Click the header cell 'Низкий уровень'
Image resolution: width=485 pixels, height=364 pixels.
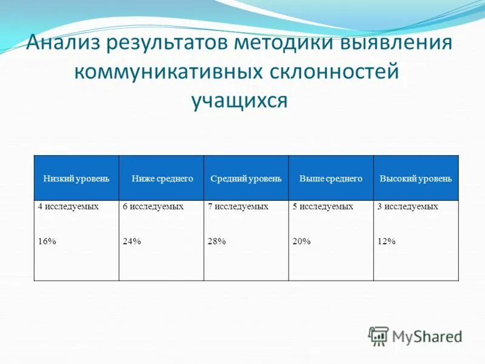click(76, 178)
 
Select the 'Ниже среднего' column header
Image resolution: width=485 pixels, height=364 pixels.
click(162, 178)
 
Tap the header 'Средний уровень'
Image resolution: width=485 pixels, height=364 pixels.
click(246, 178)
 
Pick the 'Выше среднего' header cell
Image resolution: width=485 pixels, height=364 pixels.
click(331, 178)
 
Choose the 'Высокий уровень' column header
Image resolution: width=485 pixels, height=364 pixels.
click(415, 178)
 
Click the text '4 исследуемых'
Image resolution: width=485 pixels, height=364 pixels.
click(68, 207)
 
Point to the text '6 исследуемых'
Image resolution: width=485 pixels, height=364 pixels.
click(153, 207)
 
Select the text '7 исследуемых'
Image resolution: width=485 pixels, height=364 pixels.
click(238, 207)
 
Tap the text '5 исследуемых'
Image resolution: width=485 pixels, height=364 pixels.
click(323, 207)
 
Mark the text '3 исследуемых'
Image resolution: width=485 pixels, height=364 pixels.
click(407, 207)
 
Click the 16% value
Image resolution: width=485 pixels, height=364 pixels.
click(47, 241)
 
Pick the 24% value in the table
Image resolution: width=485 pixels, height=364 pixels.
click(132, 241)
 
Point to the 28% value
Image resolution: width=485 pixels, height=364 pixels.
click(216, 241)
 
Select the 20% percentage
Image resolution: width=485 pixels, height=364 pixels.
click(301, 241)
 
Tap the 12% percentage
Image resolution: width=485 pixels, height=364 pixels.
click(386, 241)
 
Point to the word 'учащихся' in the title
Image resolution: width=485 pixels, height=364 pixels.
click(239, 100)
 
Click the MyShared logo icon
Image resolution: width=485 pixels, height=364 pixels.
click(378, 335)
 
